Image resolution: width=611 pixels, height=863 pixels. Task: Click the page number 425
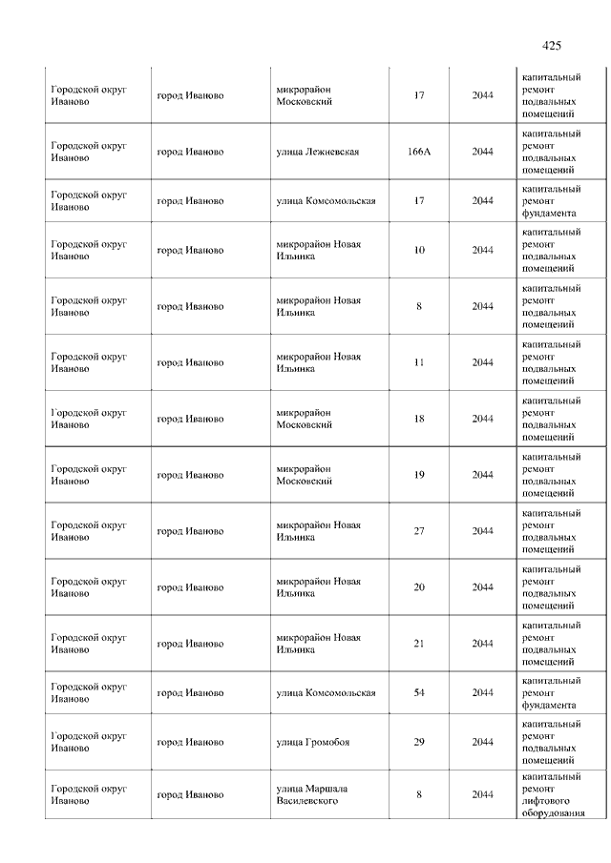551,45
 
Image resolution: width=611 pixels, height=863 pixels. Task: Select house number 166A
419,152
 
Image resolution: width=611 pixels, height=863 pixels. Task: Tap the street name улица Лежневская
317,152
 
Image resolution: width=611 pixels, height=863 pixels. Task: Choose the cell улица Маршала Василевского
313,794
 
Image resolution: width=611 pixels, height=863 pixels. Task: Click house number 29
419,742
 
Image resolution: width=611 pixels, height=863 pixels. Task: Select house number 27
419,531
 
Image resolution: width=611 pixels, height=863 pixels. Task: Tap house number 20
419,587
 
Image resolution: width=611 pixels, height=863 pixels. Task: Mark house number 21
419,644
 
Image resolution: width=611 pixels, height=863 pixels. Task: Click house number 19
419,475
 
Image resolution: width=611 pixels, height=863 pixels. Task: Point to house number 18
419,419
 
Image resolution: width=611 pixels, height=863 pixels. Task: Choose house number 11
419,362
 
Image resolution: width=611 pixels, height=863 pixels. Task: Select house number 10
419,250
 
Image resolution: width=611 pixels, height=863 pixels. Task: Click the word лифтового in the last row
549,801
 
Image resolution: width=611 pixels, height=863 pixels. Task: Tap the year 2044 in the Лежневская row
482,152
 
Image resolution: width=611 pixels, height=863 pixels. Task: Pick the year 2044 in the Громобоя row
482,742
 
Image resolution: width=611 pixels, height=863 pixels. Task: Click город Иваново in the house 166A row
191,152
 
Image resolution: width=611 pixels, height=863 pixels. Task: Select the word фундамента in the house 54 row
549,705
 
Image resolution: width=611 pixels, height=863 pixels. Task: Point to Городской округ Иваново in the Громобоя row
89,742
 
